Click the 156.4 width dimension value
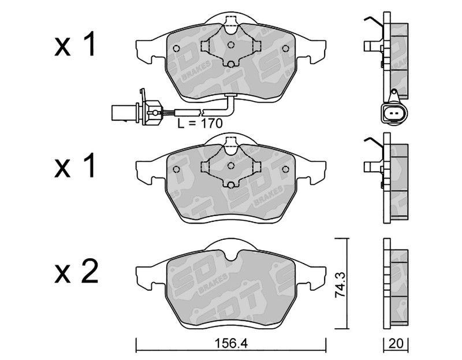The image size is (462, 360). coord(231,343)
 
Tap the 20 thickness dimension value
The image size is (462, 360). coord(396,343)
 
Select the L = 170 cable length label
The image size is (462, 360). coord(200,123)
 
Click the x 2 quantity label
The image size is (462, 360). coord(76,271)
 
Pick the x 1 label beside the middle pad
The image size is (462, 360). coord(75,165)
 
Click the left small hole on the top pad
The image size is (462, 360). coord(176,48)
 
